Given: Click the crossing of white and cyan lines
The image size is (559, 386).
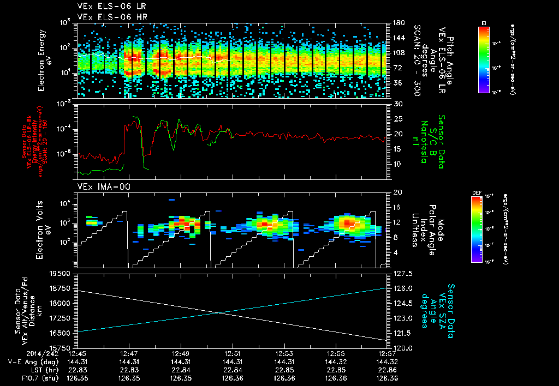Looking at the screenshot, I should (x=219, y=312).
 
